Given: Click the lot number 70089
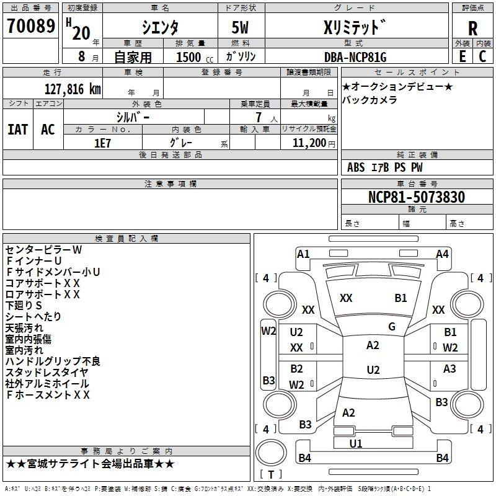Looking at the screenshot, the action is (31, 26).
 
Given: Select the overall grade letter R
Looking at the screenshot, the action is (472, 29).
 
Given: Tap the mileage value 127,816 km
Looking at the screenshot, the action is (73, 89).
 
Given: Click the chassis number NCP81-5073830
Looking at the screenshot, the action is (417, 197).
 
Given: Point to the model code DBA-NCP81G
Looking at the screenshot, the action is (355, 57).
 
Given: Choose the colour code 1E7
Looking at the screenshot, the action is (102, 143).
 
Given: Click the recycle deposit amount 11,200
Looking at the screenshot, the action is (309, 143).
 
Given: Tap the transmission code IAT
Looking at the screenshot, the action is (18, 130).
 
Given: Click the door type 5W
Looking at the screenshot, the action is (240, 27).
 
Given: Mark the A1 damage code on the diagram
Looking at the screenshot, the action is (303, 254).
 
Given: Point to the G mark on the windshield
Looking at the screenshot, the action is (392, 327).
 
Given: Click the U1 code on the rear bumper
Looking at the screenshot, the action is (355, 443).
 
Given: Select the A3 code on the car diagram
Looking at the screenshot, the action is (449, 368).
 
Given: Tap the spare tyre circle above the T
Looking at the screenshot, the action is (271, 453).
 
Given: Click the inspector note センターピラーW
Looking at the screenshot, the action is (43, 250).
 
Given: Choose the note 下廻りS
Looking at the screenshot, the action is (24, 305).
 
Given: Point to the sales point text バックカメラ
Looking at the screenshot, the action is (370, 100).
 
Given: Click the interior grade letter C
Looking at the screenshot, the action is (482, 56).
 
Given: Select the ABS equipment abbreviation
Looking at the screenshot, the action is (356, 167).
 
